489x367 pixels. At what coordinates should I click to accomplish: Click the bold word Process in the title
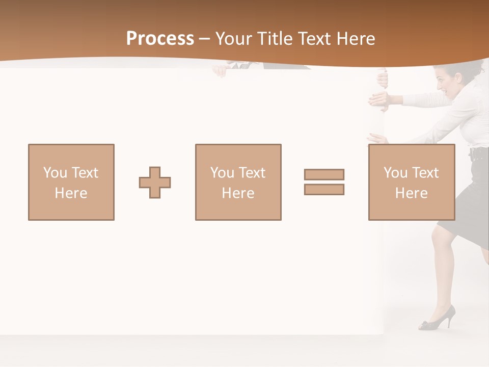(x=160, y=39)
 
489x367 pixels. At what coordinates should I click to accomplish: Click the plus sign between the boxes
(x=155, y=182)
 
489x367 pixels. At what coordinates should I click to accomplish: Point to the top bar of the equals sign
(x=324, y=174)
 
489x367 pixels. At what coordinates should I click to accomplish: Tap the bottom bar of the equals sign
(x=324, y=190)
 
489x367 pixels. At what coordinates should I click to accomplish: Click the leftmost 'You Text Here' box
(x=71, y=182)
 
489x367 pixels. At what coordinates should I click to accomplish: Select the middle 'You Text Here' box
(x=238, y=182)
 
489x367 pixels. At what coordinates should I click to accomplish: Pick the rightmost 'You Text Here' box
(x=412, y=182)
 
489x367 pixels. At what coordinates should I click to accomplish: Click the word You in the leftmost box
(x=55, y=173)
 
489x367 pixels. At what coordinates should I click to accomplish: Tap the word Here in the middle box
(x=238, y=193)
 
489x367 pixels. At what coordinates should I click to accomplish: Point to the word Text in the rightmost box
(x=426, y=173)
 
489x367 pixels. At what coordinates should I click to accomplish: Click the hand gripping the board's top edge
(x=382, y=77)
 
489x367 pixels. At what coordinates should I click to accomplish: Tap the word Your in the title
(x=235, y=39)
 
